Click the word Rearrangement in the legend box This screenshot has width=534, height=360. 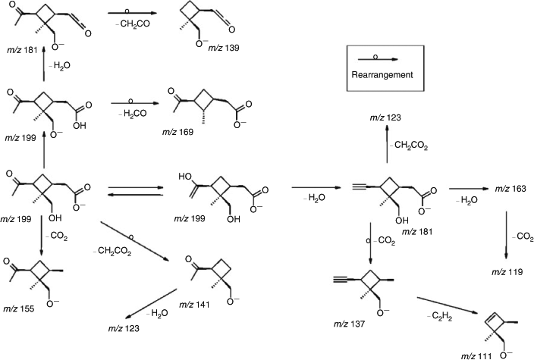382,75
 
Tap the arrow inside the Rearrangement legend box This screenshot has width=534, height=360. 378,59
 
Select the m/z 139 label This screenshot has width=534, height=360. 224,48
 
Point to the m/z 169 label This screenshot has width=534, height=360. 177,132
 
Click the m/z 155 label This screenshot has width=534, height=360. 19,308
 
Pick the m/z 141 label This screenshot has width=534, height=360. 194,304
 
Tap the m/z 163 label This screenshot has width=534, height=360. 510,189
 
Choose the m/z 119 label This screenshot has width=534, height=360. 507,272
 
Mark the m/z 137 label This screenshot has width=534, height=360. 349,324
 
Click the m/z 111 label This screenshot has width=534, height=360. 476,356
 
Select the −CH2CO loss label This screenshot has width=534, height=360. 133,24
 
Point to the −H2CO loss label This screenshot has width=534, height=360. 133,114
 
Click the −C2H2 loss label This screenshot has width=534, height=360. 440,317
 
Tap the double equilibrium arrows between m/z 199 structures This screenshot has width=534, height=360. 136,191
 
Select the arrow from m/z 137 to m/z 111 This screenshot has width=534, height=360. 446,305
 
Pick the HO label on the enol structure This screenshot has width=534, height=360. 185,177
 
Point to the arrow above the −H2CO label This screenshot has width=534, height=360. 135,103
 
